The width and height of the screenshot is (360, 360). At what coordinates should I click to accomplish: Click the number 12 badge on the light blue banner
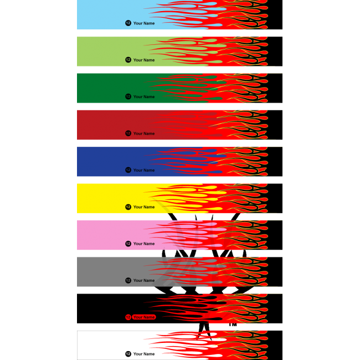128,23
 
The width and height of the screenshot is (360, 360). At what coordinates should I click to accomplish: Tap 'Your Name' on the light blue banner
144,23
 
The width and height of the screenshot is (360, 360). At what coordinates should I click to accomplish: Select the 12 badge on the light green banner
128,60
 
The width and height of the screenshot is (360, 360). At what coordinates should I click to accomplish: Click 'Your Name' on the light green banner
144,60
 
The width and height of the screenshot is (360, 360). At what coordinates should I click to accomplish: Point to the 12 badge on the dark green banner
128,96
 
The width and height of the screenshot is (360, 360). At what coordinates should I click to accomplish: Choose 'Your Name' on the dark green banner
144,96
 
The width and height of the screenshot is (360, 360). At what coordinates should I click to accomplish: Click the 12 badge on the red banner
128,133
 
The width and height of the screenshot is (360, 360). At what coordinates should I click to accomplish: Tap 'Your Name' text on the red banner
144,133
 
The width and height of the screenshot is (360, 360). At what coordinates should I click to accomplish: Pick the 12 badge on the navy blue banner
128,170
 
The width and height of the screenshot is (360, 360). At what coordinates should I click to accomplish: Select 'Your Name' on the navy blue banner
144,170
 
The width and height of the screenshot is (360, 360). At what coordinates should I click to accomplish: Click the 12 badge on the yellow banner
128,207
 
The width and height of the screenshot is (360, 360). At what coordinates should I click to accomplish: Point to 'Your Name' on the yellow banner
144,207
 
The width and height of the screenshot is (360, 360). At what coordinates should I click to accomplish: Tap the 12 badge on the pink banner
128,244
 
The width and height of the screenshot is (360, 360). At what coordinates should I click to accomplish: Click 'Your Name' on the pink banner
144,244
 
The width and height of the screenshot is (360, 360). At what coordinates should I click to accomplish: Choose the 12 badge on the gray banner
128,280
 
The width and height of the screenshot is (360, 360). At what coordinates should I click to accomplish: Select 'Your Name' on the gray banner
144,280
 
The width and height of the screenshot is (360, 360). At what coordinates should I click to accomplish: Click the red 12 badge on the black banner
128,317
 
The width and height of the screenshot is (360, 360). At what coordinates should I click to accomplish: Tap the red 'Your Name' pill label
144,317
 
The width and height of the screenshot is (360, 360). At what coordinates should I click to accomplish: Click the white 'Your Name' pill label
144,354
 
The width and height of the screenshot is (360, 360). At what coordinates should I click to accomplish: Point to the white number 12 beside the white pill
128,354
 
